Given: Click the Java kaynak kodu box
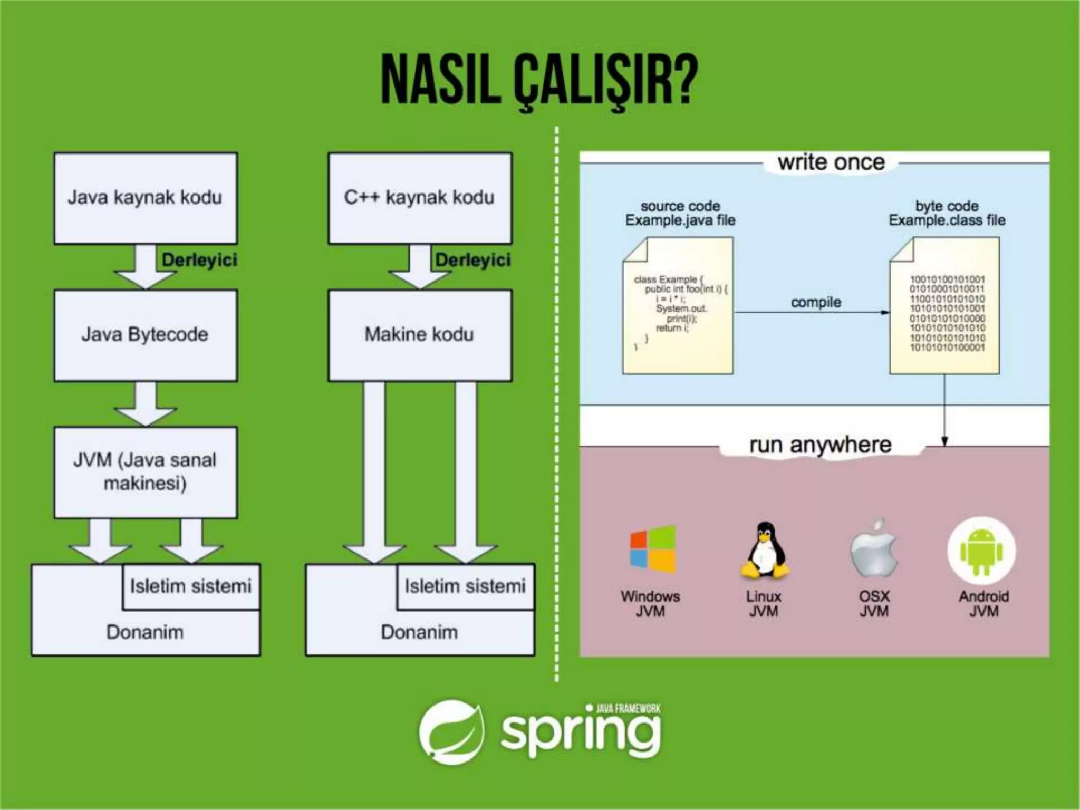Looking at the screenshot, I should coord(146,198).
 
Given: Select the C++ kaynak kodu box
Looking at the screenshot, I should coord(420,198).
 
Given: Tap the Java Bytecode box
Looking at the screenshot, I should coord(146,335).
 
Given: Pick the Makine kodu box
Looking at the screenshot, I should coord(420,335).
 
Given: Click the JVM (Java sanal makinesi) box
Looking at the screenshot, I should coord(146,472).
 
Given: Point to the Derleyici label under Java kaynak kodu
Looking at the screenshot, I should coord(199,259).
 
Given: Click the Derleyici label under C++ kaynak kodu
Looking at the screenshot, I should coord(473,259).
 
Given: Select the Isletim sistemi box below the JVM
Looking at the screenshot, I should coord(191,586).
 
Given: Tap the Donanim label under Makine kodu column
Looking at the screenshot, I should coord(420,632).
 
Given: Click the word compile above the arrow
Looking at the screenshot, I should coord(816,302).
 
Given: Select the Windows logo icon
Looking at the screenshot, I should coord(653,550).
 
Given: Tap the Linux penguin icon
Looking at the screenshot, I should coord(765,550).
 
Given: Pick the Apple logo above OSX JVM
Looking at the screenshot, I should coord(874,550).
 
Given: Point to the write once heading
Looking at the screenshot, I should coord(831,162).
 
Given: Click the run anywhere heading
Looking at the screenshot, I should coord(821,445).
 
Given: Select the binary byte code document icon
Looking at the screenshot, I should coord(944,306).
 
